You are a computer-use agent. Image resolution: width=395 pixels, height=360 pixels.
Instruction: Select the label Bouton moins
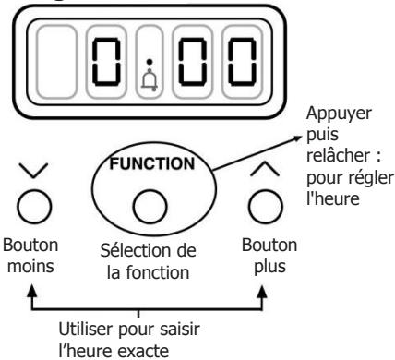coord(32,257)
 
